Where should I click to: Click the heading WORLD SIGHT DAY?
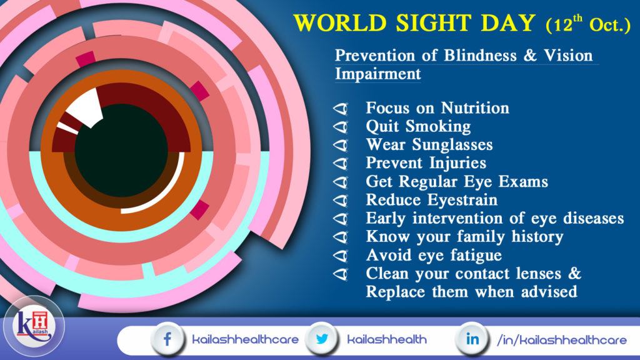415,23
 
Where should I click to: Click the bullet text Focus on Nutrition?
437,108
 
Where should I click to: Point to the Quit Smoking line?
418,126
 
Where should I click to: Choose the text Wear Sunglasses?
429,145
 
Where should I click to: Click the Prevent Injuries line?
426,164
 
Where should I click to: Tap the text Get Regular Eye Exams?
456,182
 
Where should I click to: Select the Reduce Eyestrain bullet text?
431,201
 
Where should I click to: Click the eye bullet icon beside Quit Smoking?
341,127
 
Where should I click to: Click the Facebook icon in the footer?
167,339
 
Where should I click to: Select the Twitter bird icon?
322,339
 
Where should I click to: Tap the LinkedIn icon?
473,339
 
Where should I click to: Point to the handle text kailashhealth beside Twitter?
386,340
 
